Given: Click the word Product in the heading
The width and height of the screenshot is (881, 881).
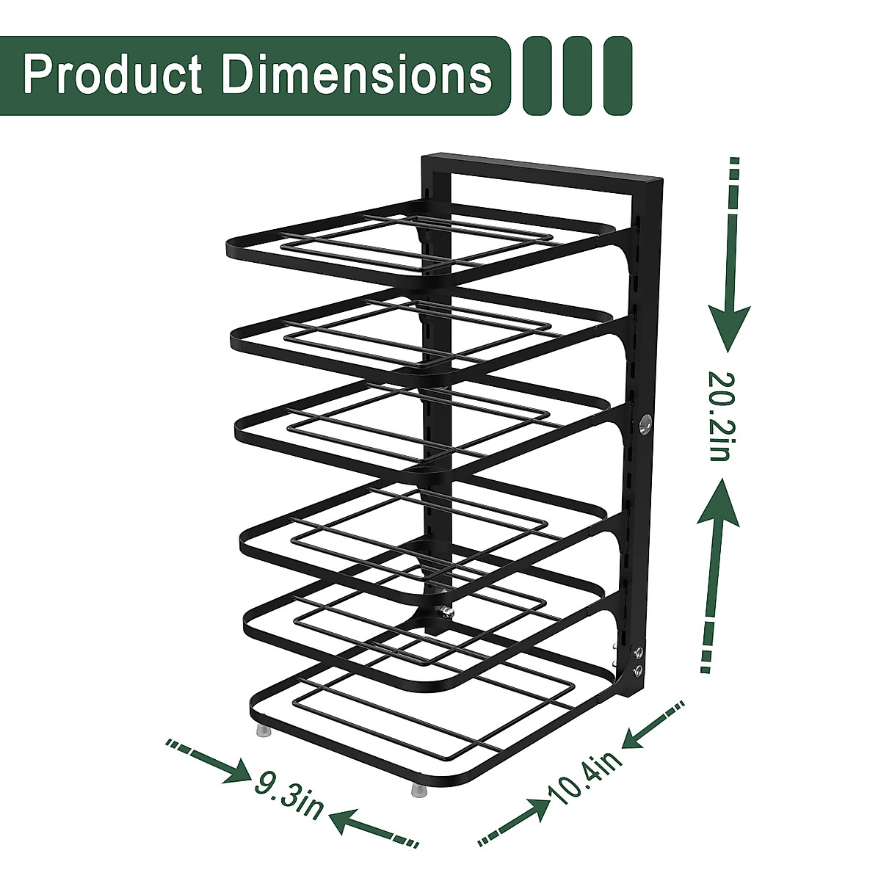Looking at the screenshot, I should (x=112, y=75).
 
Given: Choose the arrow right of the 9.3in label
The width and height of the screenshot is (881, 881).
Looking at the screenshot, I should (x=374, y=826).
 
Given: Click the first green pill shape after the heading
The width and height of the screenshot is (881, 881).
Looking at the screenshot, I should (x=537, y=76).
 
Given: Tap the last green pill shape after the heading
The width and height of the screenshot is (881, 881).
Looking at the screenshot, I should (x=617, y=76).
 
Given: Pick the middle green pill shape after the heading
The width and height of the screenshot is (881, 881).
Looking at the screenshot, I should (x=578, y=76).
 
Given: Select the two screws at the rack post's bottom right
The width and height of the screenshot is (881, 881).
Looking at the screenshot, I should (x=637, y=661).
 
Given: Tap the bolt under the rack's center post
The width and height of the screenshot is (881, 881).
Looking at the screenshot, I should (x=444, y=611).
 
